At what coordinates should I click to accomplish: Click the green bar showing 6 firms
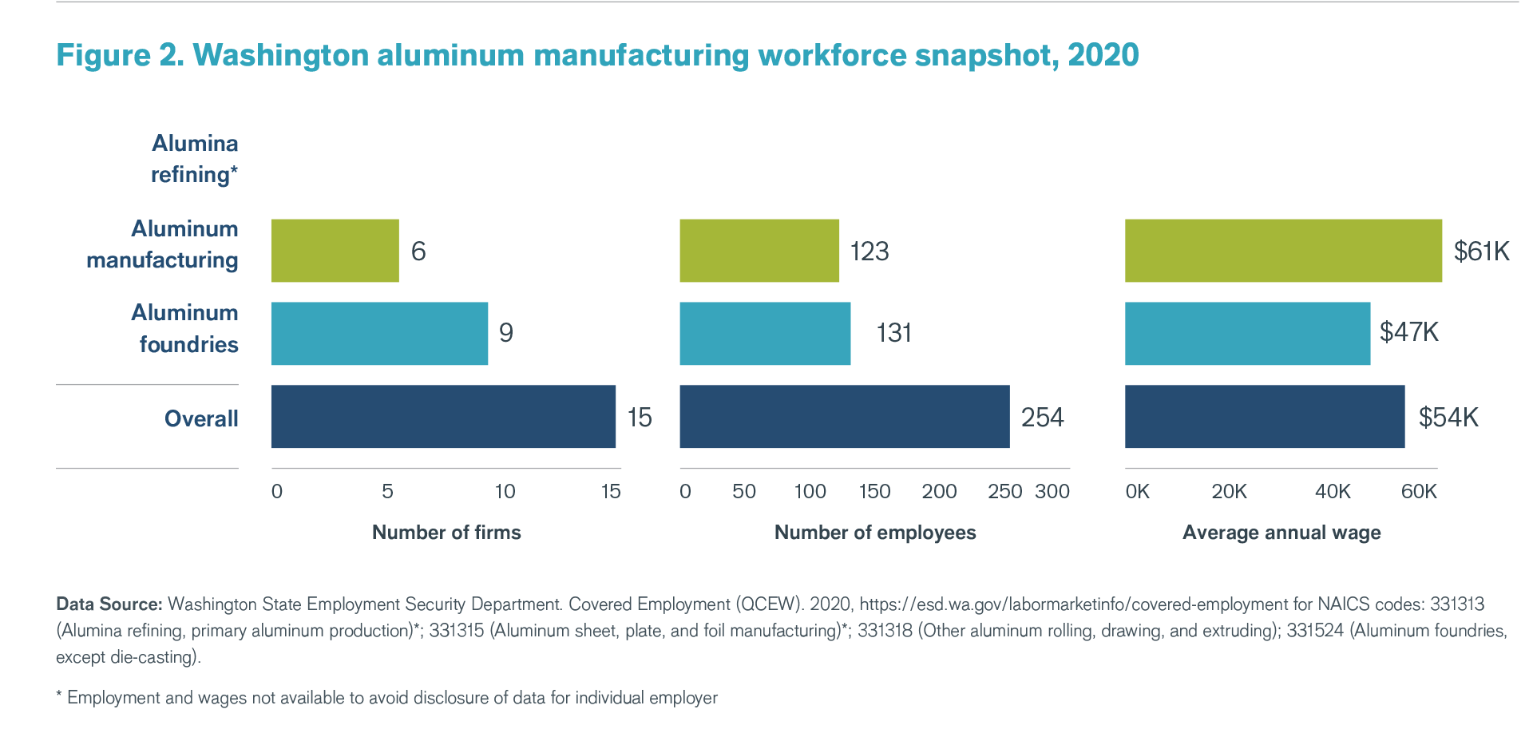coord(335,251)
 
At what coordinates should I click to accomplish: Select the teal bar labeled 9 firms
coord(379,333)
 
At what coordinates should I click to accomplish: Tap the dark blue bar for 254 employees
coord(844,417)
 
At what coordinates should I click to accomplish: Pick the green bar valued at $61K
coord(1283,251)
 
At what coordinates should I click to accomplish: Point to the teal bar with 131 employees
coord(765,333)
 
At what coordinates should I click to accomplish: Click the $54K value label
coord(1448,418)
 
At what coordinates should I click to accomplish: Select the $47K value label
coord(1409,332)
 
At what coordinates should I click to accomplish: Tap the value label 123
coord(869,252)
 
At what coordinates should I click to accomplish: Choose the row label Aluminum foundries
coord(185,328)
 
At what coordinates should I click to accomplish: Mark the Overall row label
coord(201,418)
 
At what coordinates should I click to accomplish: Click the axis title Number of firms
coord(446,533)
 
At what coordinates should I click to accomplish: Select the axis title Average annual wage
coord(1281,533)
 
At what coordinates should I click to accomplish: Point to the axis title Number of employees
coord(875,533)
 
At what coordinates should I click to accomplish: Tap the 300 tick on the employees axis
coord(1052,492)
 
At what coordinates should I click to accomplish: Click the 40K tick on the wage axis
coord(1333,492)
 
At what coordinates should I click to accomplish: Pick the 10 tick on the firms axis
coord(505,492)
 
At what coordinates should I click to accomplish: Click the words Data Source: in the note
coord(109,604)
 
